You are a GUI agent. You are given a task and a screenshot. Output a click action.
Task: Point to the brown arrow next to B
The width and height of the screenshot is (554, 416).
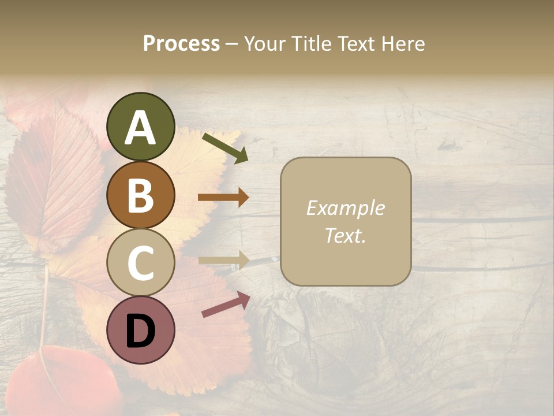pyautogui.click(x=223, y=198)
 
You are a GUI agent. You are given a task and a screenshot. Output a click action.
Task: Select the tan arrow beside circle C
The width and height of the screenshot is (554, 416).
pyautogui.click(x=223, y=261)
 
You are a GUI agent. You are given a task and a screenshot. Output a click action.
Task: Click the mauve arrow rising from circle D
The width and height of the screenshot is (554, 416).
pyautogui.click(x=226, y=304)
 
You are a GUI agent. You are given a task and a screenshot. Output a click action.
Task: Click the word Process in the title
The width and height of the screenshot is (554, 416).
pyautogui.click(x=181, y=44)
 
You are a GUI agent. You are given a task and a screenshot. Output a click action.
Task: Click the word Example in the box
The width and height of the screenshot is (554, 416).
pyautogui.click(x=345, y=208)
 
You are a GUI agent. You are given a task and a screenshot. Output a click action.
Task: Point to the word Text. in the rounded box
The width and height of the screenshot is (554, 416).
pyautogui.click(x=345, y=235)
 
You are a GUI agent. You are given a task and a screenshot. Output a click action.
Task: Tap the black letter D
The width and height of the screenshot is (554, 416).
pyautogui.click(x=140, y=332)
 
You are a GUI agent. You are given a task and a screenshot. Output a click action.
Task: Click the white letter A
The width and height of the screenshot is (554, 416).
pyautogui.click(x=140, y=128)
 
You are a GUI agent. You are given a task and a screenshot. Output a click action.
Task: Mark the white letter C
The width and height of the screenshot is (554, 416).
pyautogui.click(x=140, y=263)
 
